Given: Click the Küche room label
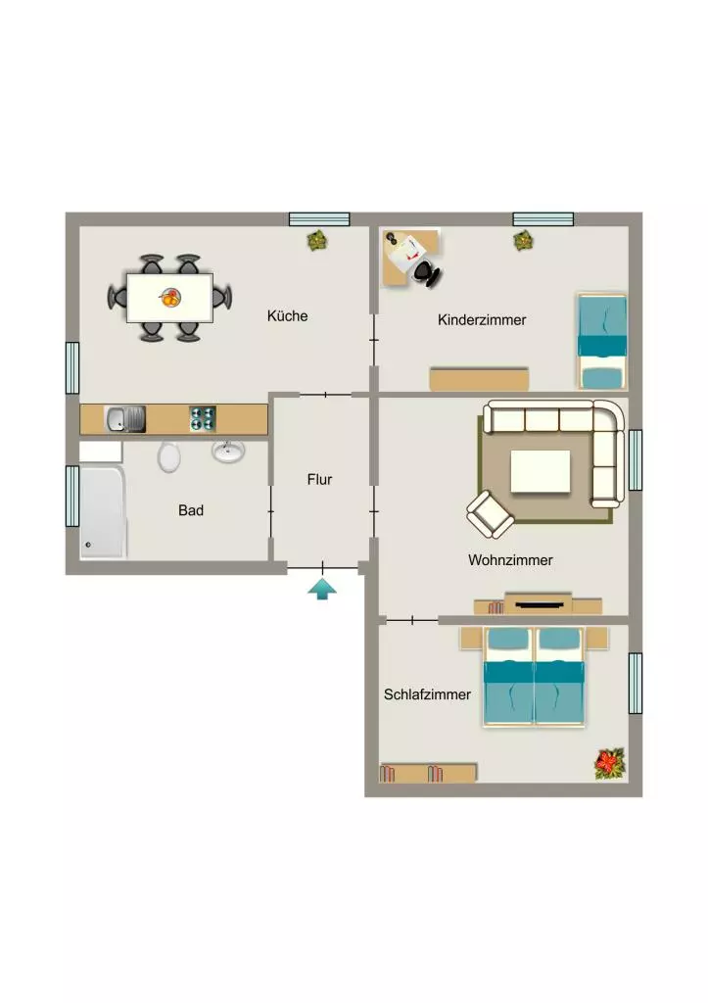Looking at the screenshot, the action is coord(287,316).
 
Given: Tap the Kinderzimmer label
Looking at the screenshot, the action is coord(482,320).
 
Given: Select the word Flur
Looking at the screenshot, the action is coord(319,479).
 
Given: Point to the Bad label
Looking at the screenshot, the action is coord(191,510).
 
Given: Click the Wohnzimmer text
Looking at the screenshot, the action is coord(510,560).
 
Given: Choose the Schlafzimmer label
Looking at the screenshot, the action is coord(427,694).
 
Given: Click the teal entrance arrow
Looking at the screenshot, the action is coord(322,589).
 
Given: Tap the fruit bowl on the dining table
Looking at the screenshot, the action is coord(170,298).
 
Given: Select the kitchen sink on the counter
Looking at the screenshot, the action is coord(124,419).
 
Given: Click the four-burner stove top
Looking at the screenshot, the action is coord(202,419).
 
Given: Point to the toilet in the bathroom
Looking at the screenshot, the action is coord(168,457).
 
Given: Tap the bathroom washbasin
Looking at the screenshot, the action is coord(228,451).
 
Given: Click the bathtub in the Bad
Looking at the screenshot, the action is coord(102,511).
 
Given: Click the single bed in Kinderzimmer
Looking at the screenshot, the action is coord(602,341).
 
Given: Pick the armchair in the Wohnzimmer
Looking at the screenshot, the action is coord(490,513).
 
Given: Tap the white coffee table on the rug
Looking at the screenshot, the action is coord(540,471).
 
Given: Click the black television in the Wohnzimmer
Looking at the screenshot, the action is coord(538,603).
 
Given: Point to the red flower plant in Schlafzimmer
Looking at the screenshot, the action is coord(610,764).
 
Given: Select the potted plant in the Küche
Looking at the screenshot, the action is coord(317,241).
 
